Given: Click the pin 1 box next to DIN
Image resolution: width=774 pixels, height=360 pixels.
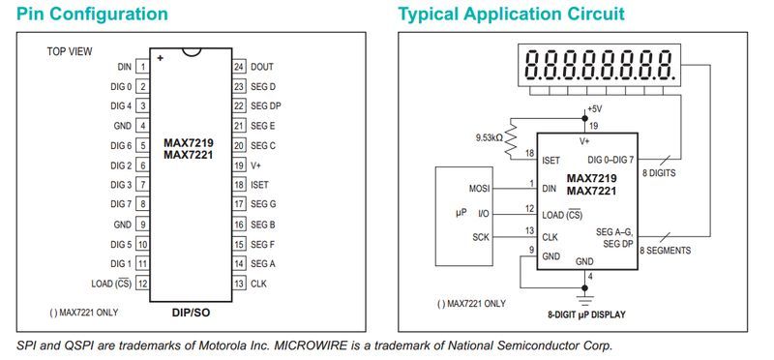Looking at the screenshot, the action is point(142,67).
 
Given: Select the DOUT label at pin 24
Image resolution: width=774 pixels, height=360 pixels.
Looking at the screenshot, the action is point(261,67).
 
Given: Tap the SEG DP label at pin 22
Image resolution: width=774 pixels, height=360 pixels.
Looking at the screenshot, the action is point(265,106).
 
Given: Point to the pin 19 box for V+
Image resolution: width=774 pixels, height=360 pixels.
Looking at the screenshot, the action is point(239,165).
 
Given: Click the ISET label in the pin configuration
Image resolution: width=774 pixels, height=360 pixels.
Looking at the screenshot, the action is point(259,185).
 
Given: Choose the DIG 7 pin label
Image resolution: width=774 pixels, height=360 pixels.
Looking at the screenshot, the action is point(122,204).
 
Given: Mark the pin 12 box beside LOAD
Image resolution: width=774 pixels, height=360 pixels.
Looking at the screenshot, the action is point(142,284).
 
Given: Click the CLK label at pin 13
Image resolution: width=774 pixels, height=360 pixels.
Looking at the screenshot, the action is point(258,284).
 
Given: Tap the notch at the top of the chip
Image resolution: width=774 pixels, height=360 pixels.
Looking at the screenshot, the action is point(191,51).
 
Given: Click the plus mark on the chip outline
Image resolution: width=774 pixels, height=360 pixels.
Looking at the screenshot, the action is point(160,58).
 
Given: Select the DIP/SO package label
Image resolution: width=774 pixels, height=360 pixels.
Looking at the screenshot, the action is point(191,313).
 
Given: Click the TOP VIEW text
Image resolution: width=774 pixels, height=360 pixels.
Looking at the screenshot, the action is point(70,51).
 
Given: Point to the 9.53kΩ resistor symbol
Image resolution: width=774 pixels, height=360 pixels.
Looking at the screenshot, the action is point(511,139).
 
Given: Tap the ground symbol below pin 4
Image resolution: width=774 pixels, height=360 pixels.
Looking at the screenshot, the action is point(585,300).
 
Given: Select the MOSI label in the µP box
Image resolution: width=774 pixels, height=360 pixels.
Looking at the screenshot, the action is point(479,189).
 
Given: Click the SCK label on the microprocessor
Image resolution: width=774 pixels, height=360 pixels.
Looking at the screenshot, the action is point(481,237).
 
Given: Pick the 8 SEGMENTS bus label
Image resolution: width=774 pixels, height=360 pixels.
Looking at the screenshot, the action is point(666,251).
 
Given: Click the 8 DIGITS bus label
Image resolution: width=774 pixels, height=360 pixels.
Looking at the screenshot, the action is point(659,173).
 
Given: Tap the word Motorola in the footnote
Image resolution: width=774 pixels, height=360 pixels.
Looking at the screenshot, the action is point(221,345).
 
